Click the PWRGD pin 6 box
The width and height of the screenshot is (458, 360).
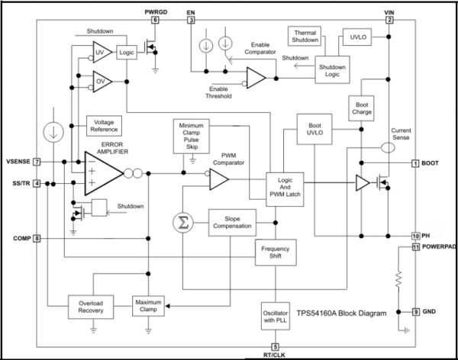coord(155,20)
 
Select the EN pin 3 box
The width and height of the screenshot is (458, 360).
coord(191,20)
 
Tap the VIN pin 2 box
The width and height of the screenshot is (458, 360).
coord(389,20)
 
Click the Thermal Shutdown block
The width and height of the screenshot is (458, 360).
coord(305,36)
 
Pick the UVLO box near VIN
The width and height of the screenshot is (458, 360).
coord(357,37)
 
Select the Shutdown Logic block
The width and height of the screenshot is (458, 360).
coord(332,69)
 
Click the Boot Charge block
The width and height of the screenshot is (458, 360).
coord(361,108)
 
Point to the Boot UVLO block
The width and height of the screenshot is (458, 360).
coord(314,129)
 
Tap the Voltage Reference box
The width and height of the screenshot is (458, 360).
coord(104,126)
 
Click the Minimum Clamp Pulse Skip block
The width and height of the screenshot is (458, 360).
coord(192,136)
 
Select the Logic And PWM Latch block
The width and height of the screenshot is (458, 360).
coord(285,189)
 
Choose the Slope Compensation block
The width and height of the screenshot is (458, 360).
coord(232,223)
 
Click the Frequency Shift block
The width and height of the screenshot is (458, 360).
coord(276,252)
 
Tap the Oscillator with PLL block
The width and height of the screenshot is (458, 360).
coord(276,317)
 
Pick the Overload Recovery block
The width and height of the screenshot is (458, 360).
coord(91,307)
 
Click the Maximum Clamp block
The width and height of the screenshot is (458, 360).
coord(148,306)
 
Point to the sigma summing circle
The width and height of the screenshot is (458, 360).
coord(183,223)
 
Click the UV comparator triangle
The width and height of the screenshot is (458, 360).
coord(102,53)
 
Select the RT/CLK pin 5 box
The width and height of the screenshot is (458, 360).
coord(275,347)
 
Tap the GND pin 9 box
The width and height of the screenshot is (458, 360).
coord(416,312)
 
